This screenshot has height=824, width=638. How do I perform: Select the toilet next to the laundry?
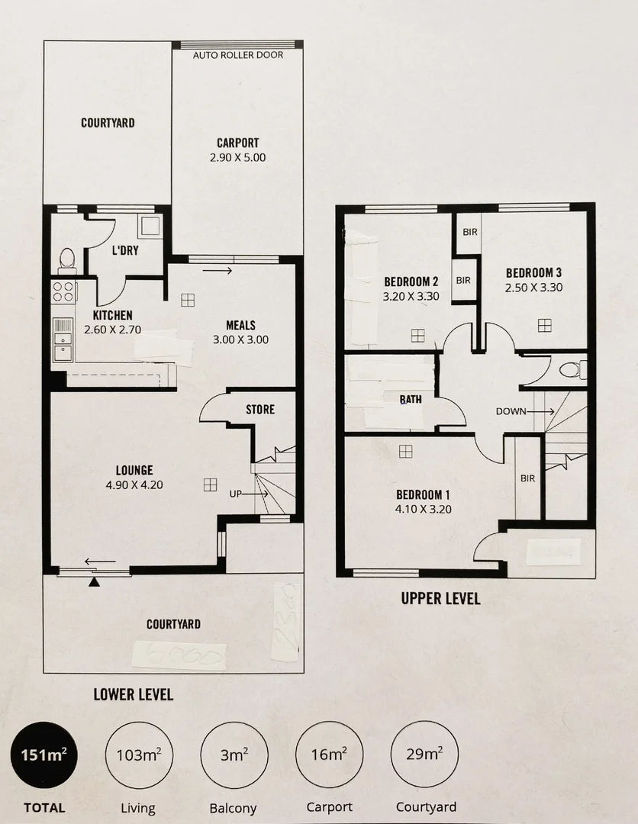pyautogui.click(x=67, y=259)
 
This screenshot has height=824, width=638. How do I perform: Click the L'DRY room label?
pyautogui.click(x=124, y=251)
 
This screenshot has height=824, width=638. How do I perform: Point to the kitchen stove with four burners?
pyautogui.click(x=63, y=292)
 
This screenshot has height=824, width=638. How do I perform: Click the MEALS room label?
pyautogui.click(x=240, y=325)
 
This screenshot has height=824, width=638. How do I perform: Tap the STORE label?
pyautogui.click(x=259, y=410)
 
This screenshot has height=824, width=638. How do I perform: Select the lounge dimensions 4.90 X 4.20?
pyautogui.click(x=134, y=484)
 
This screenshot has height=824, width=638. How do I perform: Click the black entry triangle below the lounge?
pyautogui.click(x=94, y=582)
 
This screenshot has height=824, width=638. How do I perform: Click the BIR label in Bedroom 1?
pyautogui.click(x=527, y=478)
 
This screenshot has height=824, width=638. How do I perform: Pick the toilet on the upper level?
pyautogui.click(x=572, y=371)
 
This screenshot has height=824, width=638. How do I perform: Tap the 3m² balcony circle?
pyautogui.click(x=234, y=755)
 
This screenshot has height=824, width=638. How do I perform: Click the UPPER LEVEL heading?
pyautogui.click(x=440, y=598)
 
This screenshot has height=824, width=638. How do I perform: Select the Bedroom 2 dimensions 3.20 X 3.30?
pyautogui.click(x=411, y=296)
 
